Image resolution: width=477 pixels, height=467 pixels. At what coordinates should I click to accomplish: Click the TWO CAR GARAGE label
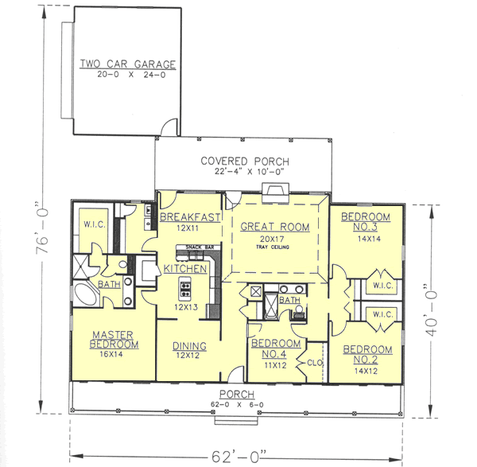click(127, 64)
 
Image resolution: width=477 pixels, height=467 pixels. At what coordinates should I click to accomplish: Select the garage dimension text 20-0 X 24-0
click(127, 78)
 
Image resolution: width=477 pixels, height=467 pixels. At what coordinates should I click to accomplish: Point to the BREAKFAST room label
click(190, 217)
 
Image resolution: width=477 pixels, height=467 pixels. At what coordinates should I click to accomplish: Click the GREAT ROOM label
click(274, 227)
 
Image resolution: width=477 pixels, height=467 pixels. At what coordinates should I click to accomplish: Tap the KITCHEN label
click(185, 270)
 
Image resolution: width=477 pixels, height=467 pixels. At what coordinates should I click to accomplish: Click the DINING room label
click(190, 346)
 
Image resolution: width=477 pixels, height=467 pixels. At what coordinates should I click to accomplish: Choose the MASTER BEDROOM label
click(115, 339)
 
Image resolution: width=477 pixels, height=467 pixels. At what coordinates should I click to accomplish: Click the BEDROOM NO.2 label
click(367, 355)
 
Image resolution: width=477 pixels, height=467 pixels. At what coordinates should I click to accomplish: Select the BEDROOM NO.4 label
click(275, 349)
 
